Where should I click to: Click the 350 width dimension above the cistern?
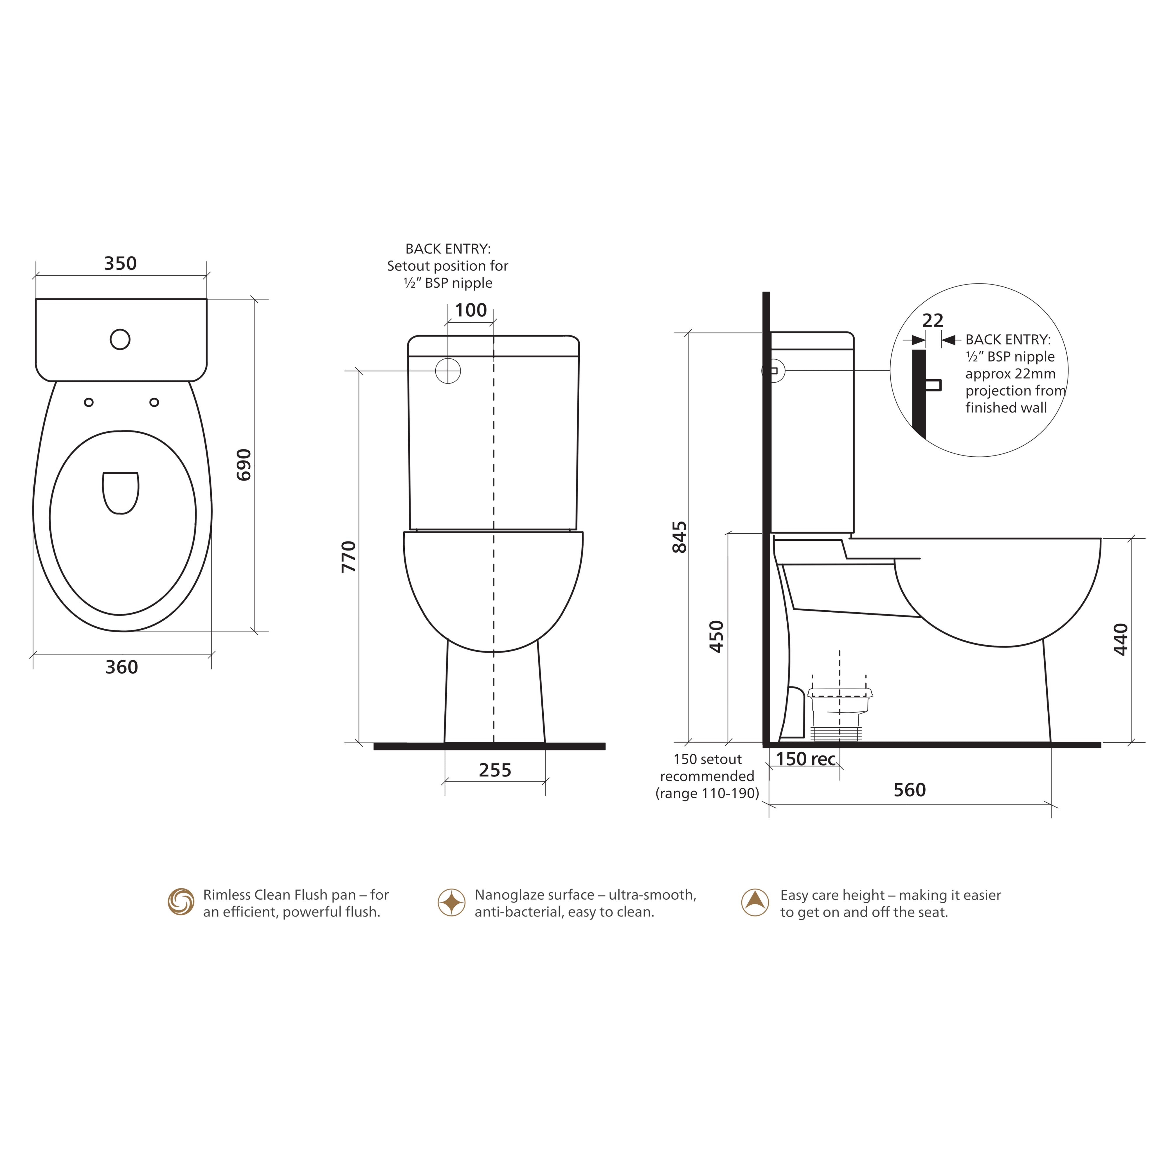click(x=120, y=264)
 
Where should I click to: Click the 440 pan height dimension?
click(x=1121, y=639)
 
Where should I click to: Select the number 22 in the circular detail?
click(x=933, y=320)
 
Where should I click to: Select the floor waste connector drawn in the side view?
click(x=839, y=713)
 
